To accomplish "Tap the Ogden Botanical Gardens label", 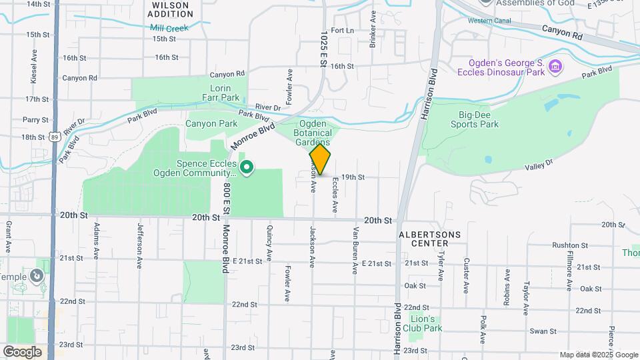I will pos(313,133).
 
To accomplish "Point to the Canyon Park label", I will pos(211,123).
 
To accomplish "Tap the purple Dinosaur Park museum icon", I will pos(556,67).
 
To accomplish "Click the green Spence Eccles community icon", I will pos(247,167).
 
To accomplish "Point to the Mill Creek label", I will pos(169,28).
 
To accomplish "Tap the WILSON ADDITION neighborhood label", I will pos(169,9).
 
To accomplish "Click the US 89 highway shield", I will pos(53,137).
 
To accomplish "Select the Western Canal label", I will pos(485,21).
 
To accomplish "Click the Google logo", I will pos(22,351).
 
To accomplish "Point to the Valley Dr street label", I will pos(539,163).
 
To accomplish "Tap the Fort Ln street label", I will pos(341,31).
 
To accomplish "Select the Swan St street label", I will pos(543,331).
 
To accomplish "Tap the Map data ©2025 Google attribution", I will pos(598,355).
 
